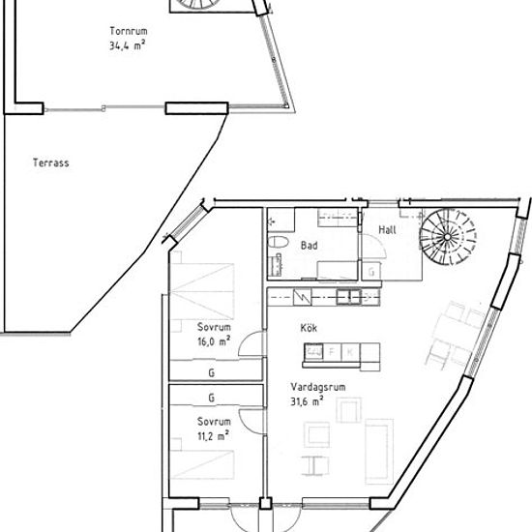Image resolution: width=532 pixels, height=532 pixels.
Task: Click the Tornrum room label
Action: (x=129, y=31)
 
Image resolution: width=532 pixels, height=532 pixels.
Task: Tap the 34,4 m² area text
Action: (x=128, y=45)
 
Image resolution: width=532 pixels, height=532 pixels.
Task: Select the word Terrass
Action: (x=51, y=163)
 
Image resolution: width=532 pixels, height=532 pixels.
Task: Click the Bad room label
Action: (x=310, y=246)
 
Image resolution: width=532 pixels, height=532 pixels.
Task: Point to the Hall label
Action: (x=387, y=230)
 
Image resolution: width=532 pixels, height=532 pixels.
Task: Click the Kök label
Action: (x=309, y=328)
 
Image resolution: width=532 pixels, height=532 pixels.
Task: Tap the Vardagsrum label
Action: (x=318, y=387)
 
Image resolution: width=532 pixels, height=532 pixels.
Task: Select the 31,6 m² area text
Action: (x=307, y=401)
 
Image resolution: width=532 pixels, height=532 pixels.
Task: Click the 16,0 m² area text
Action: (x=214, y=341)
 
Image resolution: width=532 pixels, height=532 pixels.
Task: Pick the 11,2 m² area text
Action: (x=214, y=435)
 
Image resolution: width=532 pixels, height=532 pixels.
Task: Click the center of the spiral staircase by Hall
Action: (x=448, y=236)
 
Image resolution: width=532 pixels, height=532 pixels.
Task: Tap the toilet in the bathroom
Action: (x=278, y=242)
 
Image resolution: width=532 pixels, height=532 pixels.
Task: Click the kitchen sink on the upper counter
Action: (x=348, y=297)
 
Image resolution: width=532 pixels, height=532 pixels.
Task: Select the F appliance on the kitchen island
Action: (x=332, y=352)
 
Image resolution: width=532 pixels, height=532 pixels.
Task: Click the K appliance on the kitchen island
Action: (x=350, y=352)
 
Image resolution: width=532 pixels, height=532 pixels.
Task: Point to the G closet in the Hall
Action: (x=371, y=272)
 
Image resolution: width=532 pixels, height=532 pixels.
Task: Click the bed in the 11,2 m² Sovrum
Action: (x=202, y=464)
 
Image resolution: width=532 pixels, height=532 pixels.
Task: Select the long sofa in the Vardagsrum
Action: (x=378, y=452)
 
